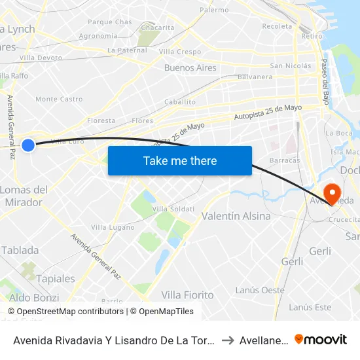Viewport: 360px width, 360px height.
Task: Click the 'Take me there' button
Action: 180,161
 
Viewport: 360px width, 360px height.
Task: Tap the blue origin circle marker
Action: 28,145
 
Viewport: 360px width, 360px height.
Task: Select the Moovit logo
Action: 321,340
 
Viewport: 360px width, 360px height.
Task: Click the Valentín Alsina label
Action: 236,216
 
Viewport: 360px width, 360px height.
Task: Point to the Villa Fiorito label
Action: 187,295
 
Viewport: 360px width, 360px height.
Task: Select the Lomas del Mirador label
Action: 24,196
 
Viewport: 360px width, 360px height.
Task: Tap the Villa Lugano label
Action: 108,227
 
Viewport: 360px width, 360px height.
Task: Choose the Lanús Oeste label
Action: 260,290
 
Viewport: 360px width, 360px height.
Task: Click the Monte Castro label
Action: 59,99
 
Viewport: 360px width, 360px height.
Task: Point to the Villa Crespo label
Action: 179,52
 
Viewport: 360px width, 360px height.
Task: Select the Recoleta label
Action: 276,26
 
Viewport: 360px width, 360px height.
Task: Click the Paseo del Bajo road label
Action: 325,82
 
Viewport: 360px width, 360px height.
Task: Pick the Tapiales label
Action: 56,279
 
